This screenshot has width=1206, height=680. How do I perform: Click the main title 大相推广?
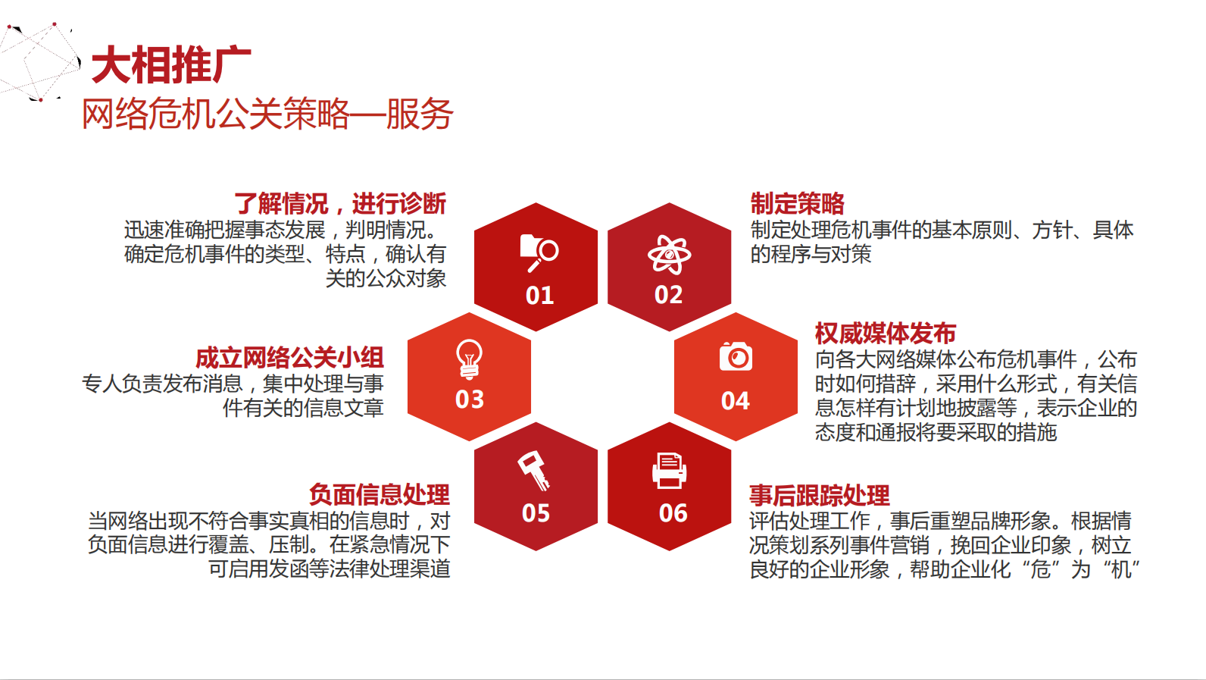pos(171,64)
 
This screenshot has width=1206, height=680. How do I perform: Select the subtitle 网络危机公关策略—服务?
pos(267,114)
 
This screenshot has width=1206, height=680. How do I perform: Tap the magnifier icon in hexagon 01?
pos(539,252)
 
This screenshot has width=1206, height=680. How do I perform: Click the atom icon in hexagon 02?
pos(669,254)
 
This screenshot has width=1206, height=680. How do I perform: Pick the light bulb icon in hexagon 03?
pos(469,359)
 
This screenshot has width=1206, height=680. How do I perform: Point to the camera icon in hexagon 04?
pos(736,356)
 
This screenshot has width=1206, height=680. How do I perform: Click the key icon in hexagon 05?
pos(534,471)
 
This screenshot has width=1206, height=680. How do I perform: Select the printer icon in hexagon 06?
pos(669,471)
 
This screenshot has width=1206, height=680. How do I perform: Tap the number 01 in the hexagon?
pos(539,296)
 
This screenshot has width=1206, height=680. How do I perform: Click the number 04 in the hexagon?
pos(736,400)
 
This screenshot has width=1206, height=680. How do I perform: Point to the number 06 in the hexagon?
pos(673,513)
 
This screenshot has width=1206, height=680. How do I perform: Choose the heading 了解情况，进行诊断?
pos(339,204)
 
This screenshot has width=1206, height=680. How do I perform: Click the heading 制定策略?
pos(798,204)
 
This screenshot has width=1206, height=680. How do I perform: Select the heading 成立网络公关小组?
pos(289,358)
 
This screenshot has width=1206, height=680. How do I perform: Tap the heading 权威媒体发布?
pos(886,334)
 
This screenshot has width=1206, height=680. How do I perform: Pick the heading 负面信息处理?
pos(379,494)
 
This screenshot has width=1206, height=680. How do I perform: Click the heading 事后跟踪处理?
pos(820,495)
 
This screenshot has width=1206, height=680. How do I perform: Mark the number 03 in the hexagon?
pos(470,400)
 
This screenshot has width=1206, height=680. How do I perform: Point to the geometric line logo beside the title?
pos(39,61)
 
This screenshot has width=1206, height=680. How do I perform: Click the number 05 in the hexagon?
pos(536,513)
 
